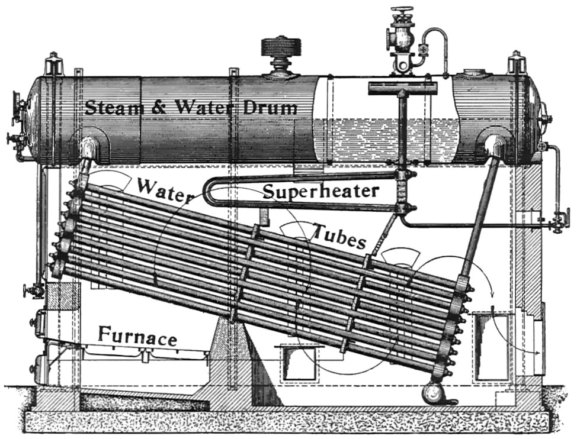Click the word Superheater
320,191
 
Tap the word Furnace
137,337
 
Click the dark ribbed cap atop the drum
281,50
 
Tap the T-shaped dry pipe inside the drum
402,89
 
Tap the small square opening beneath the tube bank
294,362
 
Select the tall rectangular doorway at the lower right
491,346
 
